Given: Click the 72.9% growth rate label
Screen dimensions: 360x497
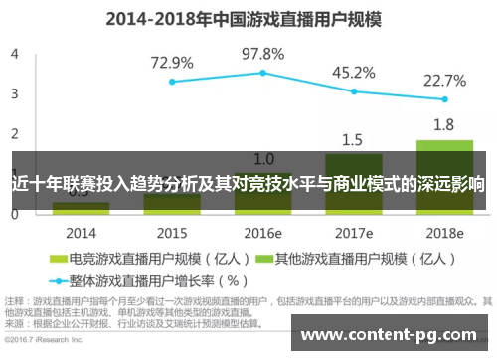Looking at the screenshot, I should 172,63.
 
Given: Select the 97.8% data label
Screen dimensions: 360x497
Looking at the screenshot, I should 263,53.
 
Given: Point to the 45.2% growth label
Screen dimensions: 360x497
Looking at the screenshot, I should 353,72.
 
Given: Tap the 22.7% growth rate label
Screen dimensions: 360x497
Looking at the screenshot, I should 444,80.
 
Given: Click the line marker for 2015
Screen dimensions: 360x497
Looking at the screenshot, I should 172,82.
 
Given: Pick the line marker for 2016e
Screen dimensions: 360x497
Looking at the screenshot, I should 263,72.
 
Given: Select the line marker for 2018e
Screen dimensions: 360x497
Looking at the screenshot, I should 444,99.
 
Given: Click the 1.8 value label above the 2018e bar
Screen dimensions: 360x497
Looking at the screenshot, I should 444,125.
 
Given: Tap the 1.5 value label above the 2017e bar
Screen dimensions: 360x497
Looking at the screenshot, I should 353,139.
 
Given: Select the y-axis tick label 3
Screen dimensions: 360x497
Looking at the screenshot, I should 14,92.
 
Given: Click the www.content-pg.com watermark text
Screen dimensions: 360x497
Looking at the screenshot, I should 394,335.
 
